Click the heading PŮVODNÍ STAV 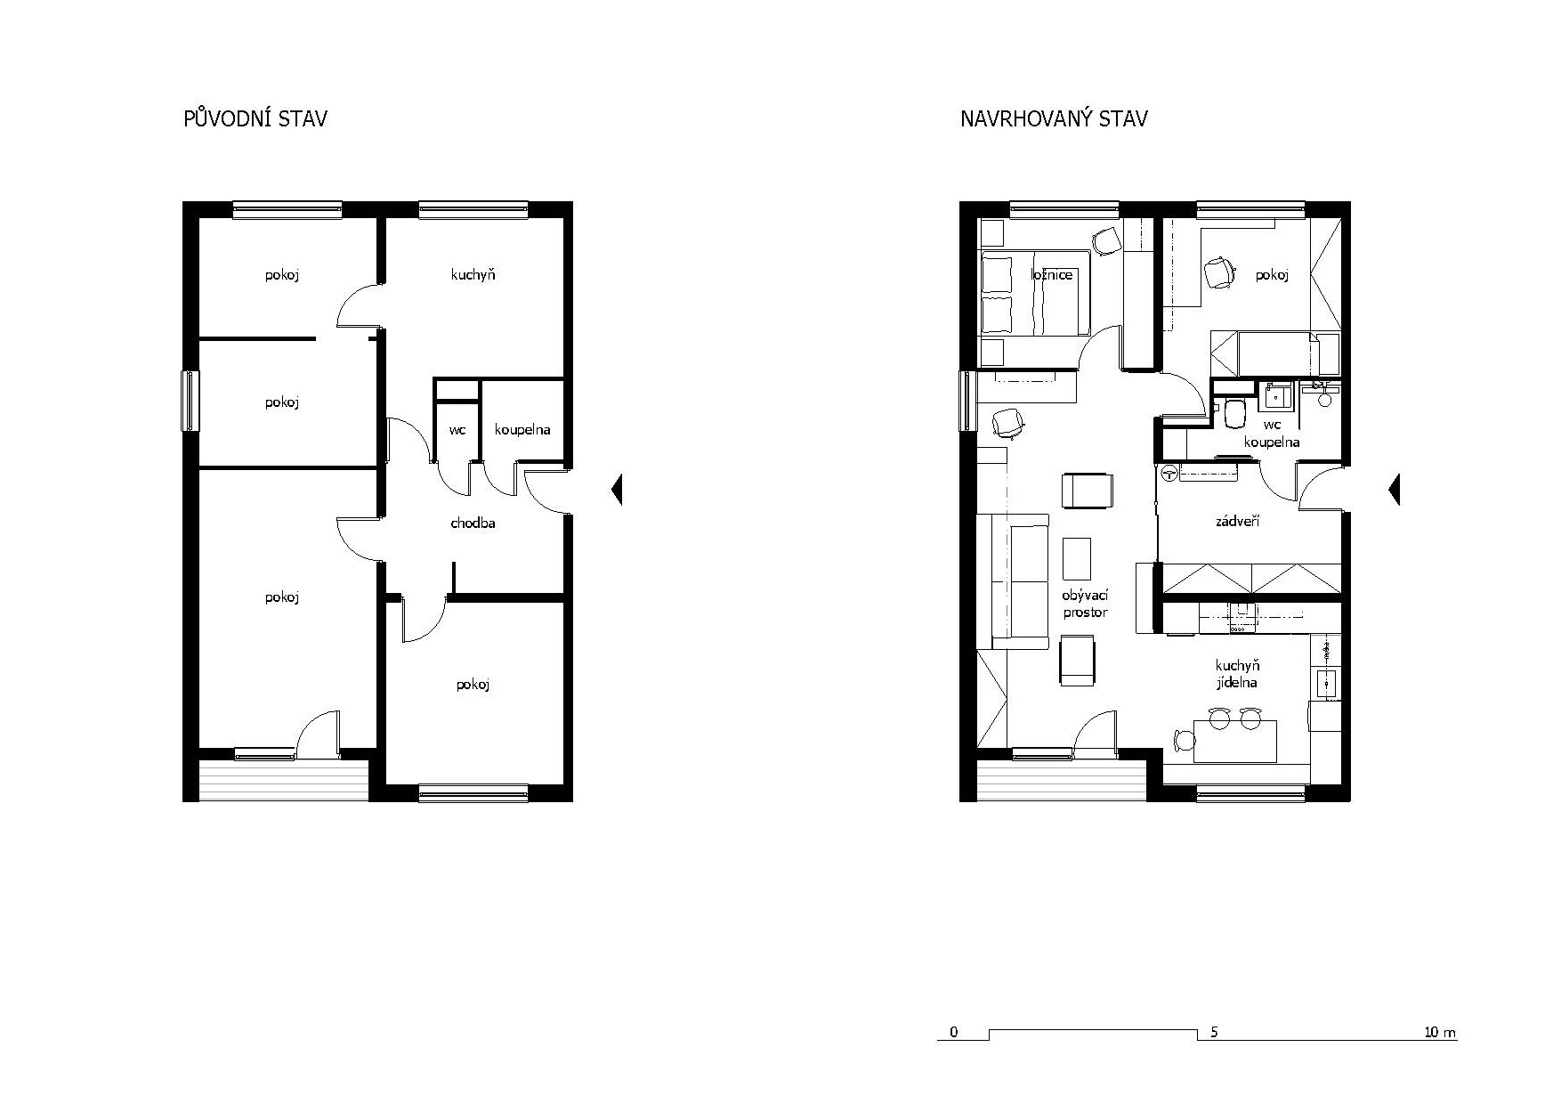click(255, 118)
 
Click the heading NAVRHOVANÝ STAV click(1054, 118)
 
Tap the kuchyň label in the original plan click(473, 275)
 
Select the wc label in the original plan click(457, 430)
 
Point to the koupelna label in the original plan click(522, 430)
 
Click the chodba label click(473, 524)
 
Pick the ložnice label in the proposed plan click(1052, 274)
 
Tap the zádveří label click(1237, 522)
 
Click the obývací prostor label click(1085, 604)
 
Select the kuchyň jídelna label click(1238, 674)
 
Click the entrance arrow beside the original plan click(617, 489)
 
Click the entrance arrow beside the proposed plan click(1395, 489)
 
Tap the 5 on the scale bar click(1214, 1033)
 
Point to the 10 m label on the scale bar click(1440, 1033)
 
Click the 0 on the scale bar click(954, 1033)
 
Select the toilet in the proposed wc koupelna click(1234, 413)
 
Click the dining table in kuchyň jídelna click(1235, 742)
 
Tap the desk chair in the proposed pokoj click(1217, 272)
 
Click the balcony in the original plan click(283, 781)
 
